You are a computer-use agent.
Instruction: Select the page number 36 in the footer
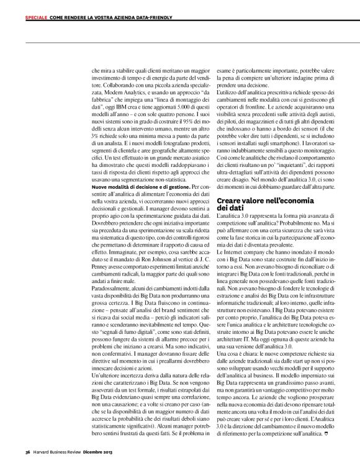click(29, 451)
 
